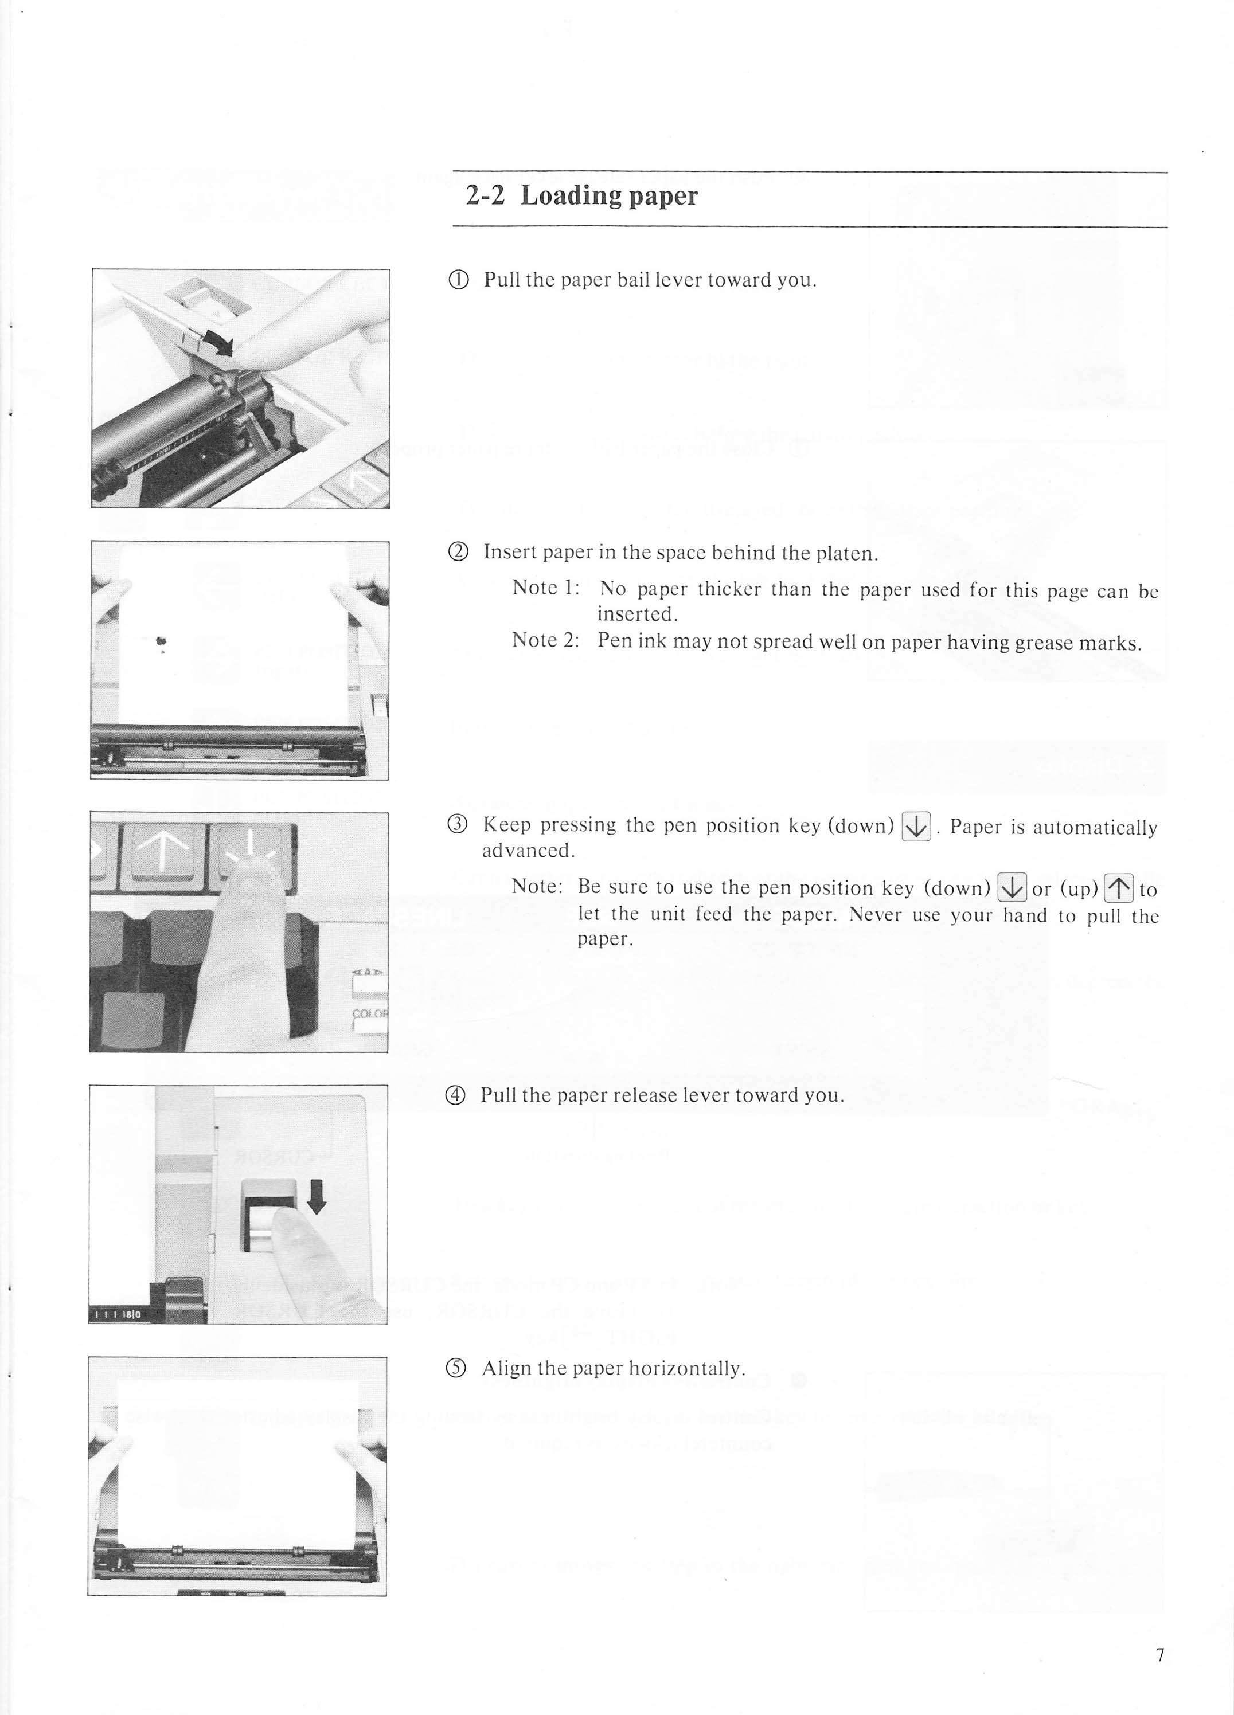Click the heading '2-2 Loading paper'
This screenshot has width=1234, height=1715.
point(581,196)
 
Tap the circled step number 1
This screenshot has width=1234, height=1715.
point(459,280)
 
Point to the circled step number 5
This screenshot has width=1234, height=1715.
point(457,1369)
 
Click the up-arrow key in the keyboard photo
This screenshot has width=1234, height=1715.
point(163,851)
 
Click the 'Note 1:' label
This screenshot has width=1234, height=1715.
point(545,588)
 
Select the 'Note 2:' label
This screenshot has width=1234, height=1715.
point(545,640)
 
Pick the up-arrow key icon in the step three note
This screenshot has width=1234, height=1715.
point(1118,888)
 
